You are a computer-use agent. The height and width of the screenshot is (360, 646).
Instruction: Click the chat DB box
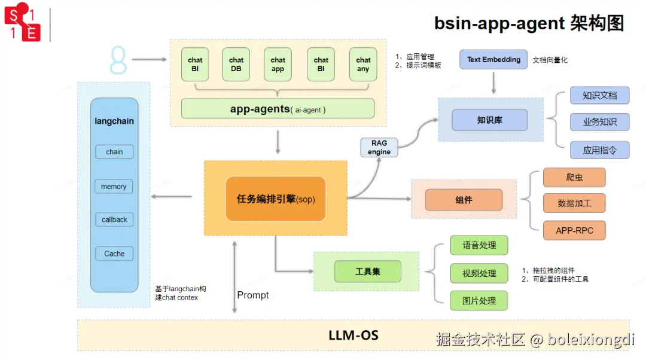tap(236, 65)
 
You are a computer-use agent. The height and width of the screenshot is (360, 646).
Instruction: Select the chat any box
tap(363, 65)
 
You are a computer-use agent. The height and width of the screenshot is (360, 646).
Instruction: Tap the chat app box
tap(278, 65)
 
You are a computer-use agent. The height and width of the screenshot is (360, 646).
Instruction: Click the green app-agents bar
tap(278, 109)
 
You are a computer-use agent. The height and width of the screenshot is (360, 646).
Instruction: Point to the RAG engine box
tap(379, 147)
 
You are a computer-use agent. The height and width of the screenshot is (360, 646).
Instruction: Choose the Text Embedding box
tap(493, 59)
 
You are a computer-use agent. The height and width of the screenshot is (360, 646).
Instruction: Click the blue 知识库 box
tap(489, 120)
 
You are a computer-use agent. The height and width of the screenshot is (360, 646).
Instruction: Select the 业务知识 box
tap(599, 122)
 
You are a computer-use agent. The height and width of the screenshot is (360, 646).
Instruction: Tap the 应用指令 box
tap(599, 150)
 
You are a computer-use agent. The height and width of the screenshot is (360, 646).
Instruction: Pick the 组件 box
tap(464, 200)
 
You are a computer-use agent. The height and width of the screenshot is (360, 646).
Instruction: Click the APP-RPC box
tap(574, 230)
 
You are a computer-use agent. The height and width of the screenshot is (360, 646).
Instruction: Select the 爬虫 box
tap(574, 178)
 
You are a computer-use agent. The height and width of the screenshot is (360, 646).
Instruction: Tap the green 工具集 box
tap(367, 271)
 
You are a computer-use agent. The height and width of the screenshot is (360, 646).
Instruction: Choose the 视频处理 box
tap(479, 273)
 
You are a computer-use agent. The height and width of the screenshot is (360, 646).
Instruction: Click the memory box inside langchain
tap(114, 187)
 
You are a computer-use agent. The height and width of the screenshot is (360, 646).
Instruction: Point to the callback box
tap(114, 219)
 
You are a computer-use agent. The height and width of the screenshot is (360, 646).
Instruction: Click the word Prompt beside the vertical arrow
tap(253, 295)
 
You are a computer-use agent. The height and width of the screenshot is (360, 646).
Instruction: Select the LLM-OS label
tap(354, 335)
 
